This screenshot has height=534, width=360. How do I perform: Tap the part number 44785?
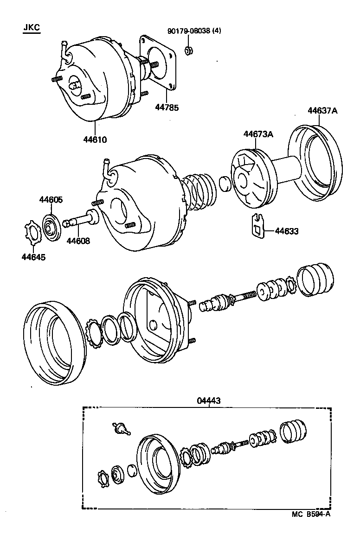(x=167, y=107)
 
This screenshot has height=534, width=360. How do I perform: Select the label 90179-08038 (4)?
(x=194, y=31)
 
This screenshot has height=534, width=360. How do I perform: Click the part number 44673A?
(x=258, y=134)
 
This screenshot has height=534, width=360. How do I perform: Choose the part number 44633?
(x=287, y=230)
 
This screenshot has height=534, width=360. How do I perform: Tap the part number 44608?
(x=78, y=241)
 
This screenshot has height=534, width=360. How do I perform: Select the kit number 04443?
(x=209, y=400)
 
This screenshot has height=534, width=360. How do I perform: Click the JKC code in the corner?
(x=32, y=28)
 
